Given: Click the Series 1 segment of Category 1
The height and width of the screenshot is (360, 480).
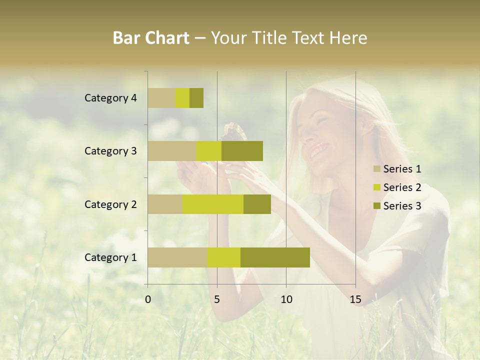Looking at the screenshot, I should [177, 257].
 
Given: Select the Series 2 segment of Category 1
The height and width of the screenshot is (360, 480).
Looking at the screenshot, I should [224, 257].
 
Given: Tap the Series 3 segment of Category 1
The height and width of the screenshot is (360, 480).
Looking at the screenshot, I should [275, 257].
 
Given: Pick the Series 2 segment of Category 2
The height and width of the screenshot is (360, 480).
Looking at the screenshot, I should [213, 204].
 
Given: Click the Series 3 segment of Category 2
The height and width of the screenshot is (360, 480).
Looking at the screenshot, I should [257, 204].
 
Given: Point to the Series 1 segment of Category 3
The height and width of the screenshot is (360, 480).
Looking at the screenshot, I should [172, 151].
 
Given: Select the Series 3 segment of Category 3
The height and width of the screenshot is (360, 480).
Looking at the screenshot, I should [242, 151].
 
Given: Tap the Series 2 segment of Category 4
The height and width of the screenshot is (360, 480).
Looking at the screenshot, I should [182, 98].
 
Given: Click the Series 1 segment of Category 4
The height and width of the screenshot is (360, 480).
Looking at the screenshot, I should [161, 98].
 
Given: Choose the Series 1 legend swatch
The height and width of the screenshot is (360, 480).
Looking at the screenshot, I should [377, 169].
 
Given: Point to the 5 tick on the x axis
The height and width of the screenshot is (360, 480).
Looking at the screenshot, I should [217, 299].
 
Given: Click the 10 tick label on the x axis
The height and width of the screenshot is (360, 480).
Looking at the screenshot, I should [286, 299].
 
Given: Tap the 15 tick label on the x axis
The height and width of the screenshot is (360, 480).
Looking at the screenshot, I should [355, 299].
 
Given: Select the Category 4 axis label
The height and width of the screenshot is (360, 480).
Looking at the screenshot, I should [110, 98].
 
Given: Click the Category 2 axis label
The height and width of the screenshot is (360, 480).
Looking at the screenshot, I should [110, 204].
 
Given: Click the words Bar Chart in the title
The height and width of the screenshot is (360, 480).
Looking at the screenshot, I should [151, 37].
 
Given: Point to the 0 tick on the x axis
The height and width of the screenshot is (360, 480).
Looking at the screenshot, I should [148, 299].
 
